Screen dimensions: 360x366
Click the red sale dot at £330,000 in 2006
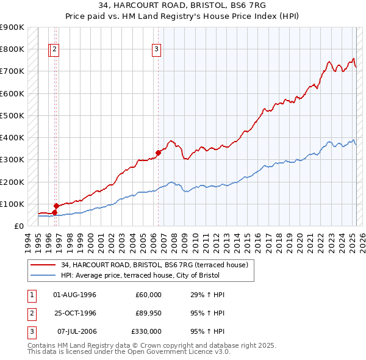(x=158, y=153)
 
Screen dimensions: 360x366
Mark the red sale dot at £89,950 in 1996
(x=56, y=206)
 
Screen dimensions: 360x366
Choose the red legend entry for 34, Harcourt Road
(x=154, y=265)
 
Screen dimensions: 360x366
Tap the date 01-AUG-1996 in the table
(x=75, y=295)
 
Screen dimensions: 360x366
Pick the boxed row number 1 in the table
(x=31, y=295)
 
